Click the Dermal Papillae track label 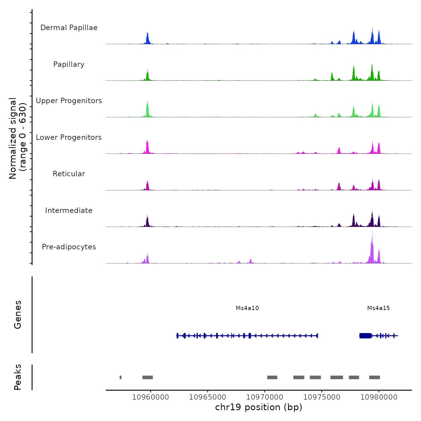click(x=69, y=28)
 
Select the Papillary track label click(x=69, y=64)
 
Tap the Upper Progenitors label click(x=69, y=101)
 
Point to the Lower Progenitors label click(x=69, y=137)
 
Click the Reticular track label click(x=69, y=174)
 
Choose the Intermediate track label click(x=69, y=210)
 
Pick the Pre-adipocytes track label click(x=69, y=247)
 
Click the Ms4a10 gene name click(x=247, y=308)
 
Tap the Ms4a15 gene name click(x=378, y=308)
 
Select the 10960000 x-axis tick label click(x=150, y=397)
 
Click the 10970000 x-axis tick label click(x=265, y=397)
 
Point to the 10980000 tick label click(x=379, y=397)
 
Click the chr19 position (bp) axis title click(x=259, y=407)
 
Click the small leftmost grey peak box click(x=121, y=377)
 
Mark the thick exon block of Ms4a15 click(x=365, y=336)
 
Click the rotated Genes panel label click(x=18, y=315)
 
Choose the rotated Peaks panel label click(x=18, y=377)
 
